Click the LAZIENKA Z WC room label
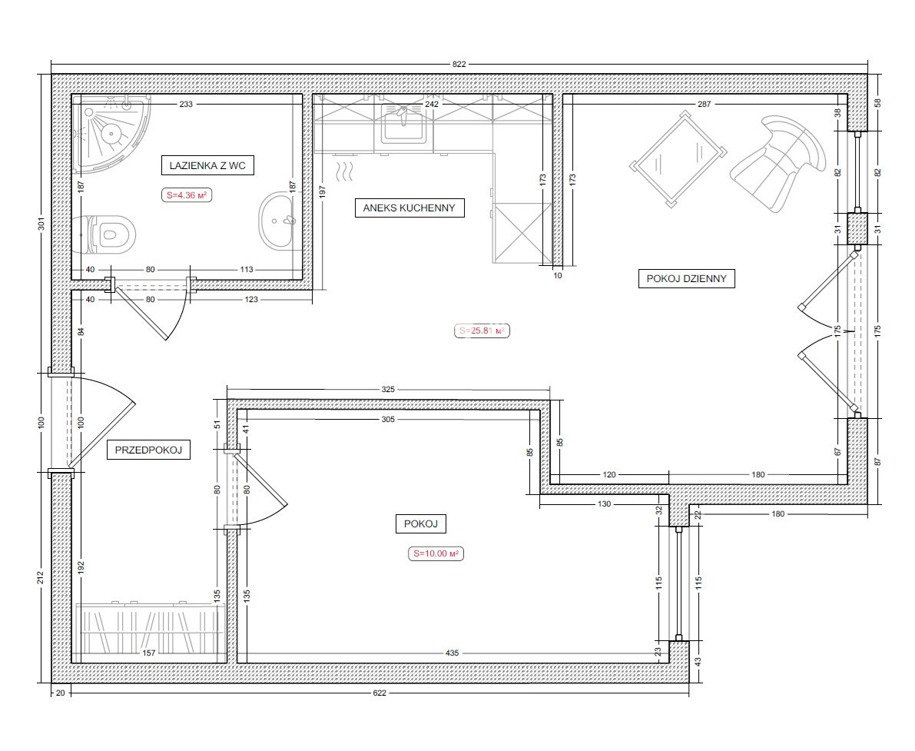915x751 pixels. coord(207,165)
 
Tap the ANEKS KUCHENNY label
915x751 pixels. coord(409,208)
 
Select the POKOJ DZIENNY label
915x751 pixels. coord(686,278)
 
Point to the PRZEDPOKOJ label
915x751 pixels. coord(149,450)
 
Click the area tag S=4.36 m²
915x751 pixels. coord(187,195)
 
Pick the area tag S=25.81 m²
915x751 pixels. coord(482,331)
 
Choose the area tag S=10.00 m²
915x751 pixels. coord(436,553)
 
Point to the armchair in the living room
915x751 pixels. coord(778,163)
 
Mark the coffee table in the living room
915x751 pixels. coord(678,158)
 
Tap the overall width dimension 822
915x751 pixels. coord(459,65)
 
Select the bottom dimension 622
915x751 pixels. coord(380,693)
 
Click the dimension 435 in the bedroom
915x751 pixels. coord(453,653)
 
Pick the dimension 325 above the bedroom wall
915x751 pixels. coord(388,390)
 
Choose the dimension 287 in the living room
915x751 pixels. coord(704,104)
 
